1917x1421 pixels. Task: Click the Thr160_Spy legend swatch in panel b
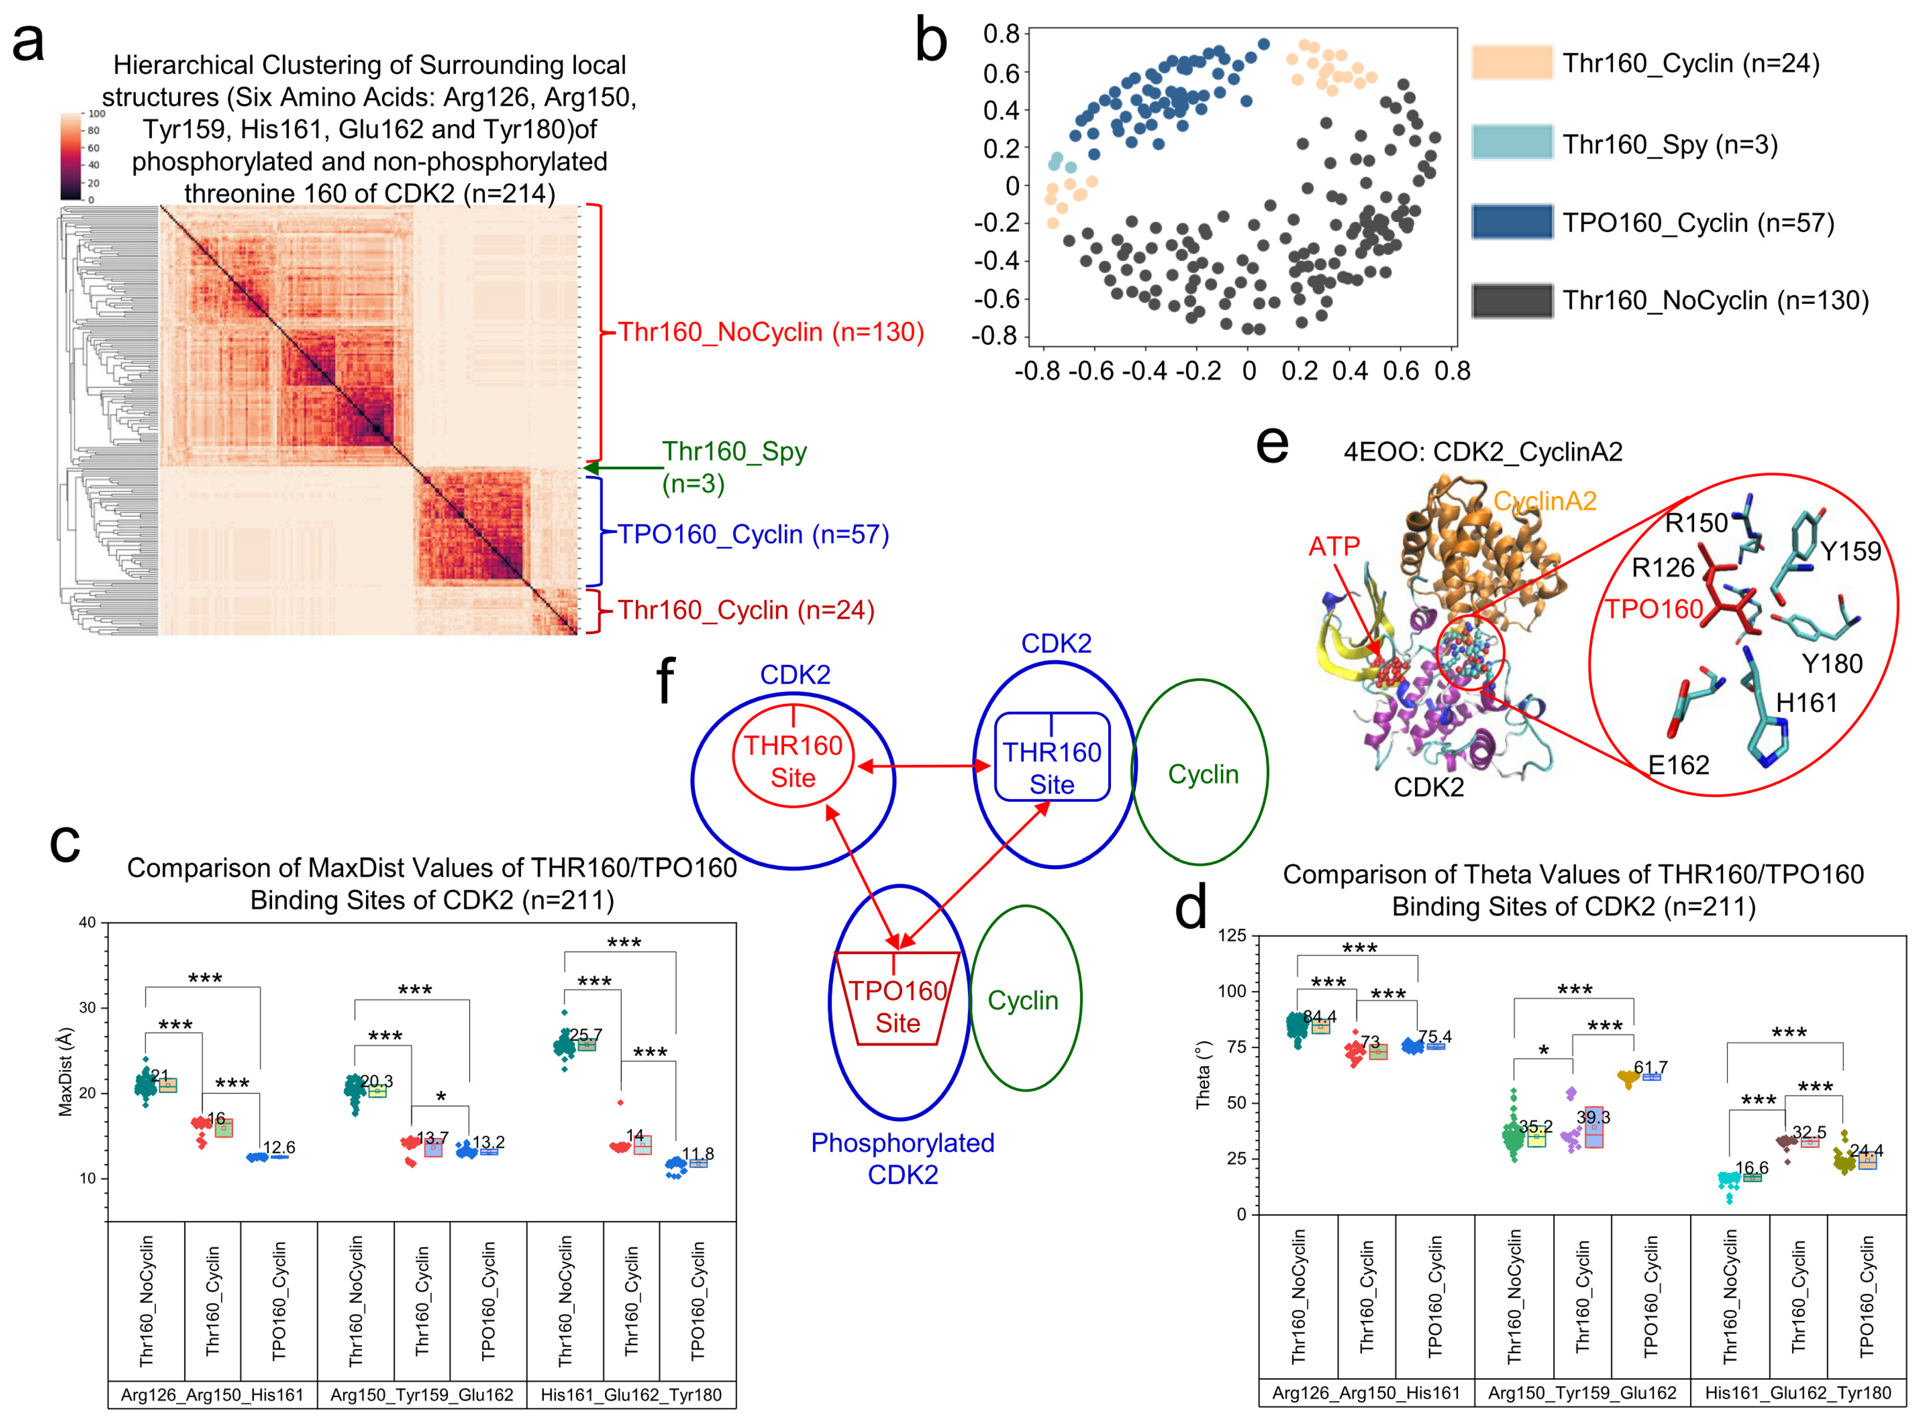coord(1511,143)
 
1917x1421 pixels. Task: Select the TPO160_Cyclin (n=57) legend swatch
coord(1511,222)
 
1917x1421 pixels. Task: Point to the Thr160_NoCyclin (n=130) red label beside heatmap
coord(770,332)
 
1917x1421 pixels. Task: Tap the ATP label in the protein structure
coord(1334,546)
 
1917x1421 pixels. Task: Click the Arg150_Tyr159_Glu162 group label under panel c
coord(421,1394)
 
